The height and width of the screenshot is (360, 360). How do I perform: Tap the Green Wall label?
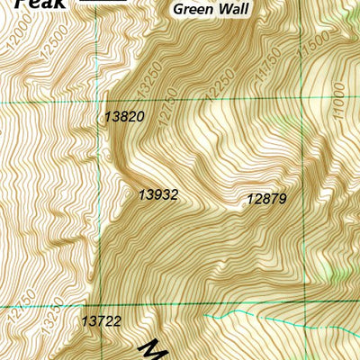211,10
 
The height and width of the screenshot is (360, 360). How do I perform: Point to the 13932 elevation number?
158,194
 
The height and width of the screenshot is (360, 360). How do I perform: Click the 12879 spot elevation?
266,199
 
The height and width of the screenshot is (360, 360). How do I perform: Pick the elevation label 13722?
100,320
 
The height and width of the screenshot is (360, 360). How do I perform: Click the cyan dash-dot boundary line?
261,315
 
